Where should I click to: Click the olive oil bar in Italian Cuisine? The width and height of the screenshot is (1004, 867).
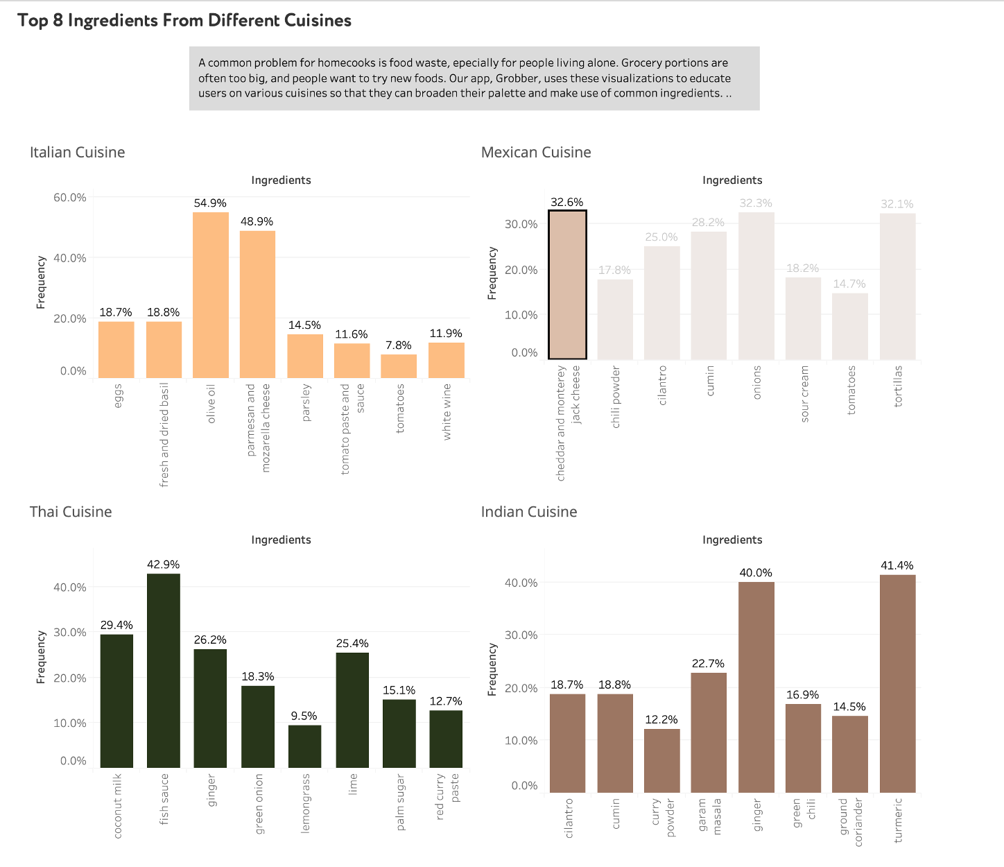(211, 295)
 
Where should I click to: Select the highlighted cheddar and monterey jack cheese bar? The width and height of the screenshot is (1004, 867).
(567, 284)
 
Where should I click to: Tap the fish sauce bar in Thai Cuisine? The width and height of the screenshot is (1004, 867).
(164, 670)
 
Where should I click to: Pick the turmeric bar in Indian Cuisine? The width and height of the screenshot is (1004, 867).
(897, 683)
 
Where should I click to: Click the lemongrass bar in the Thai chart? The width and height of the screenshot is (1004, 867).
(304, 746)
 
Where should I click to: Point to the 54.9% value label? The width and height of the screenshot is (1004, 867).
(210, 203)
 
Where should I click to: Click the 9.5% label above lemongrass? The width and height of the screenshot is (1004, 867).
(304, 716)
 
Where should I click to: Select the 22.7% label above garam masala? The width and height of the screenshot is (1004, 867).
(708, 664)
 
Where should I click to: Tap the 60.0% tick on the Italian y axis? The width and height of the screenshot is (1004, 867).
(70, 198)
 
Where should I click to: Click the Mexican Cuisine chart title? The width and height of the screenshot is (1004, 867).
(536, 153)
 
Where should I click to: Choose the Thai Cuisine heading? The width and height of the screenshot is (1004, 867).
(71, 512)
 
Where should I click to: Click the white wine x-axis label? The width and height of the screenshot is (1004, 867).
(447, 411)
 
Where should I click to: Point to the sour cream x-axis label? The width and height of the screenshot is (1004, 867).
(804, 393)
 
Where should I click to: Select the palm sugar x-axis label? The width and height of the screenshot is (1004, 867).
(400, 802)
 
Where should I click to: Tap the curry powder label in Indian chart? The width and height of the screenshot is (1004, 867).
(663, 818)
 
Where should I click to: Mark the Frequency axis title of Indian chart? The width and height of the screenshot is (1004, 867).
(492, 669)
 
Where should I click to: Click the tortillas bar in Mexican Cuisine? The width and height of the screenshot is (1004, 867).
(897, 286)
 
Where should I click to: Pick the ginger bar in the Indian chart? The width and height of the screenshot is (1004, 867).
(756, 687)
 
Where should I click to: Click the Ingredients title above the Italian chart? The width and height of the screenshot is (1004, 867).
(281, 180)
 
